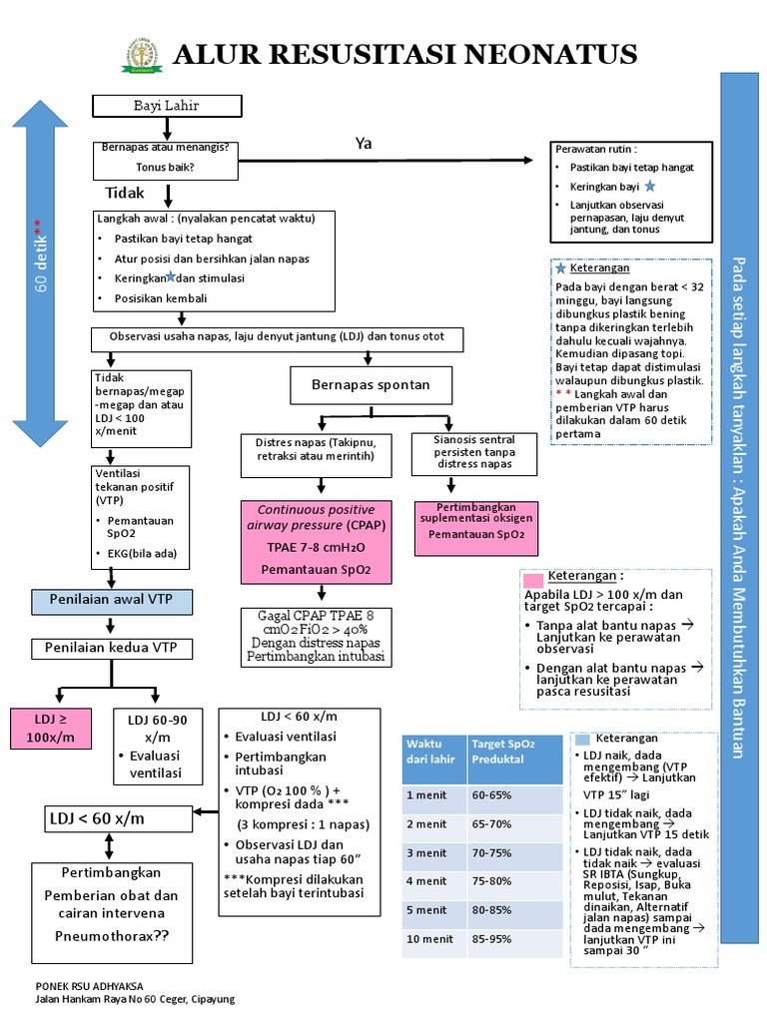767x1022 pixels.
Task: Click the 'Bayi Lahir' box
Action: point(167,107)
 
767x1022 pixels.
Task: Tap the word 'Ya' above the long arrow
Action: point(364,144)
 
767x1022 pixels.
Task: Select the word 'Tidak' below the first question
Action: point(125,193)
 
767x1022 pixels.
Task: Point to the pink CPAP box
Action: point(319,542)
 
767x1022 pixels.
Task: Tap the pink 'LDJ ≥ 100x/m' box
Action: point(51,728)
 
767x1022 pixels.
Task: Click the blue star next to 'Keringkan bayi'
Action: point(650,187)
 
